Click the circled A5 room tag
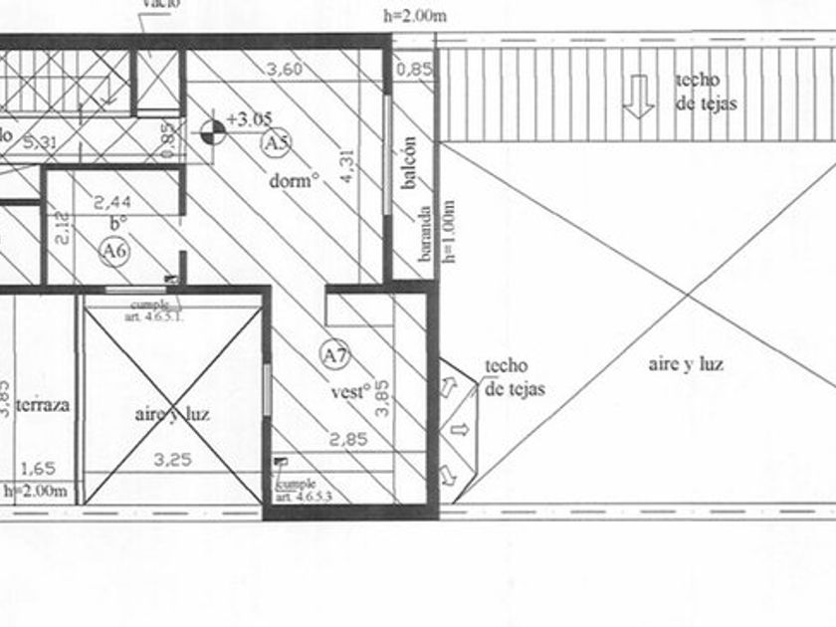tap(276, 143)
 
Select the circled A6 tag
tap(114, 252)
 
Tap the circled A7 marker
tap(332, 352)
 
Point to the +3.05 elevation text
tap(249, 119)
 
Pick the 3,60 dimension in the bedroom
tap(285, 70)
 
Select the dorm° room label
tap(295, 182)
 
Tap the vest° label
tap(351, 391)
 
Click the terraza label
tap(43, 405)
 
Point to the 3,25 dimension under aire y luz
tap(173, 461)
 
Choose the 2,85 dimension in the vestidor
tap(349, 438)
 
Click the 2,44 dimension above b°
tap(112, 202)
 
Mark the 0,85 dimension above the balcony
tap(413, 70)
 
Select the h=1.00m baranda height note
tap(449, 231)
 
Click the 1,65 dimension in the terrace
tap(38, 467)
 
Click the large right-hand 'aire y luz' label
tap(686, 364)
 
